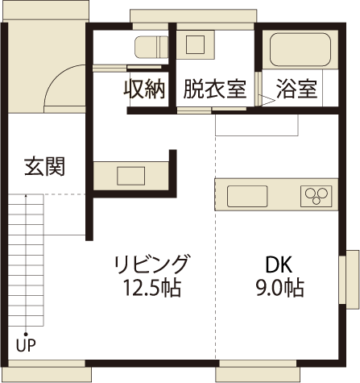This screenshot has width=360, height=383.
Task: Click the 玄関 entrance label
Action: (x=44, y=168)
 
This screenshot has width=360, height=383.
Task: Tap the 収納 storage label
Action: (x=145, y=89)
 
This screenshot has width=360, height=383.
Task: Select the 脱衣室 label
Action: (x=214, y=89)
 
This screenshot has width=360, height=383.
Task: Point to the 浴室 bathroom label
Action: (x=296, y=89)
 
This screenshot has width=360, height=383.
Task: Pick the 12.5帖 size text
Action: (x=152, y=286)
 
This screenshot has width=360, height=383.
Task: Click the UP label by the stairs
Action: (x=25, y=347)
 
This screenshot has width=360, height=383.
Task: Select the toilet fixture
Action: (x=150, y=48)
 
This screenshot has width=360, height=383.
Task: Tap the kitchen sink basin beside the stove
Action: (x=247, y=196)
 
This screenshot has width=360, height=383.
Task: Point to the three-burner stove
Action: (x=316, y=196)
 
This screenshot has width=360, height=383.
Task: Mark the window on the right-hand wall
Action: (x=352, y=279)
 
